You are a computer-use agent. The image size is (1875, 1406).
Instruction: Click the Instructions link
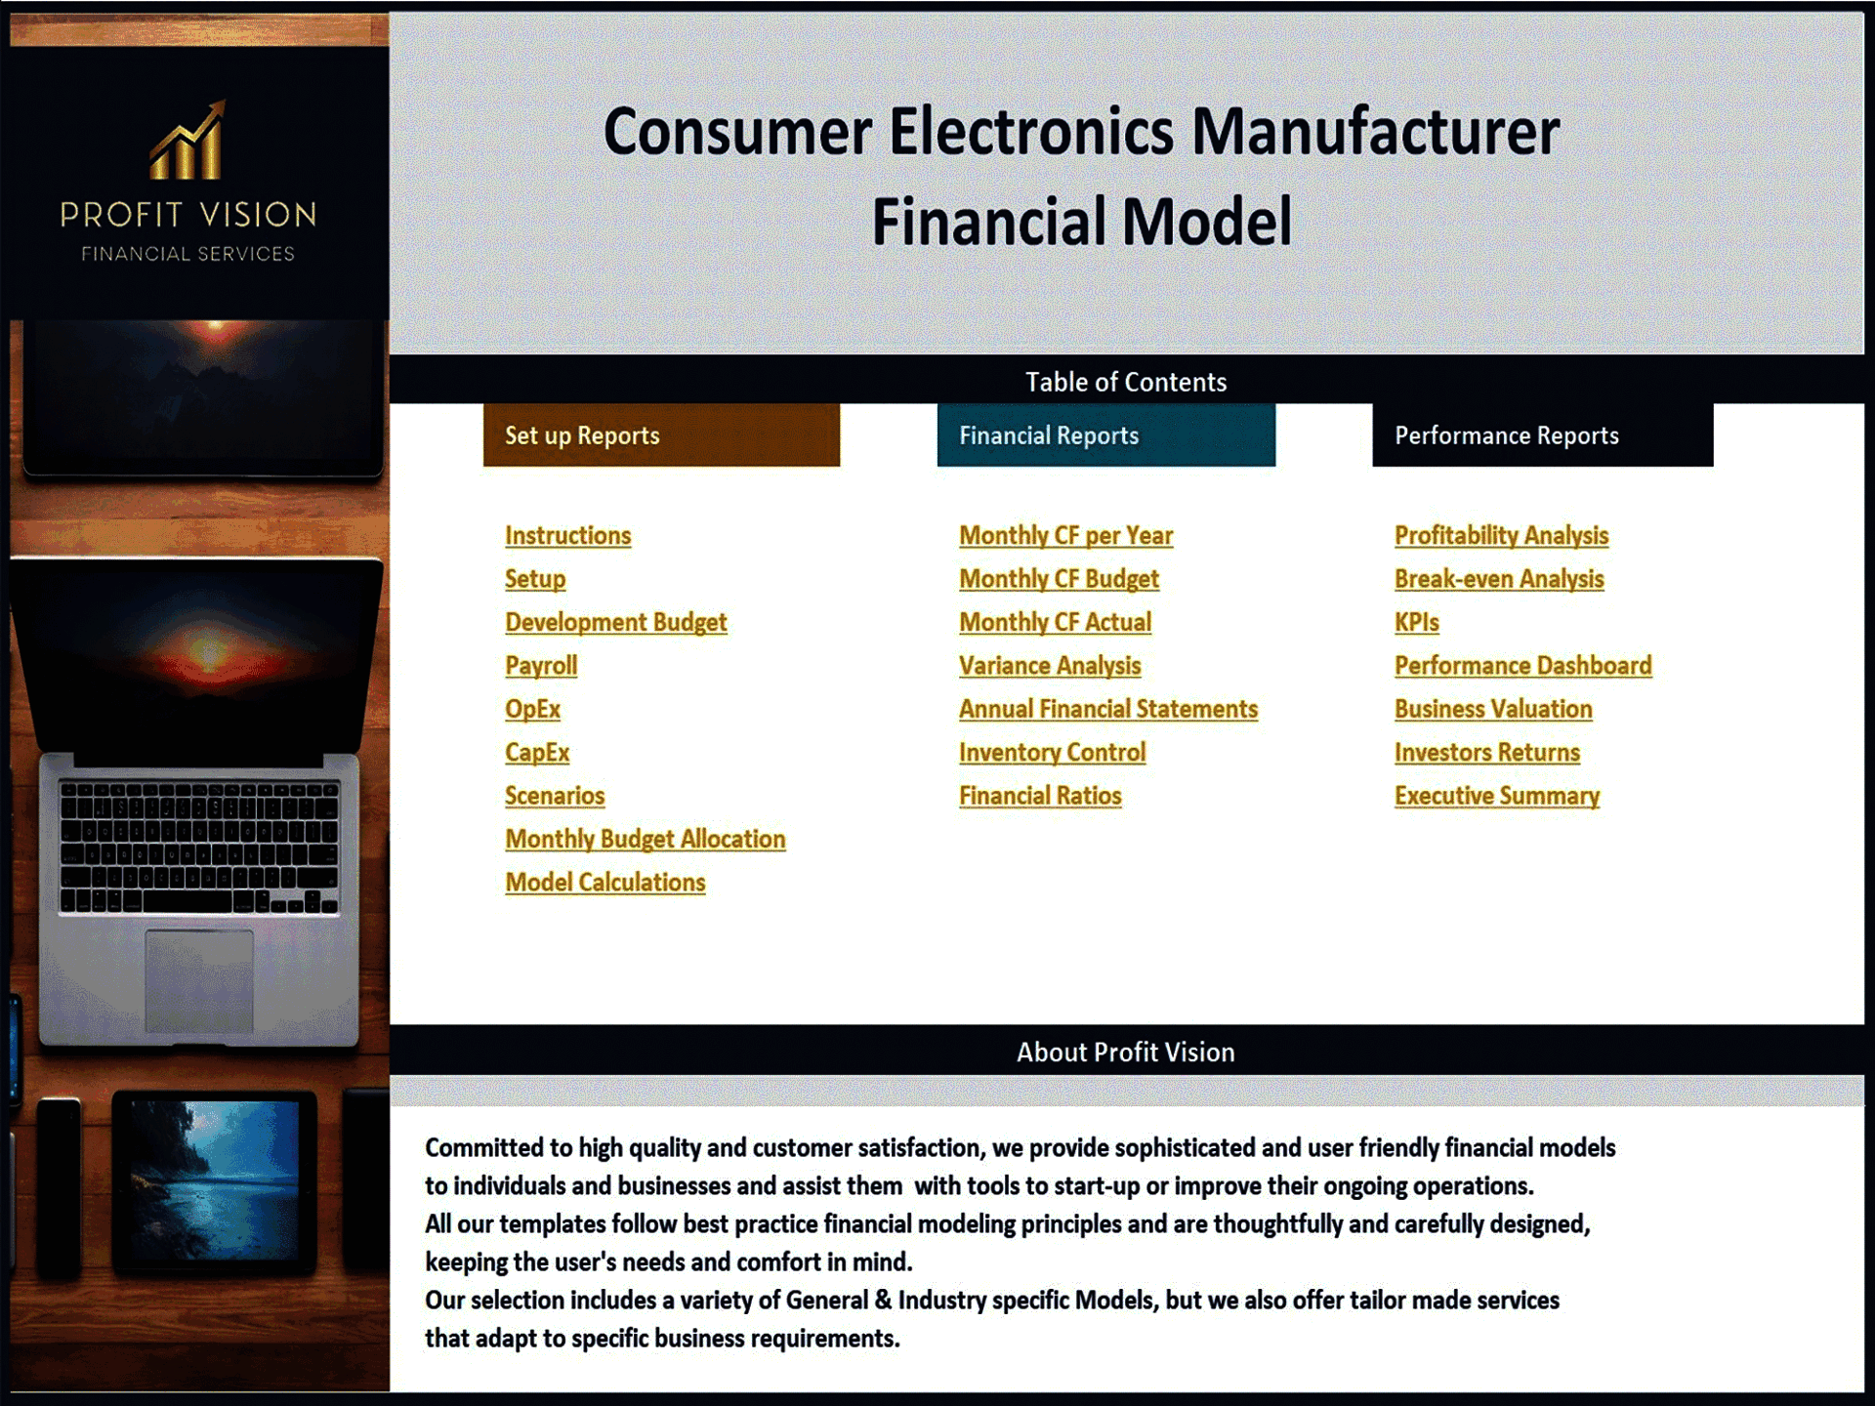pyautogui.click(x=567, y=536)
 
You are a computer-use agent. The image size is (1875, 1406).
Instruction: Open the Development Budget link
pyautogui.click(x=615, y=623)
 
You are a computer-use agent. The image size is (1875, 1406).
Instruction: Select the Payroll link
pyautogui.click(x=541, y=666)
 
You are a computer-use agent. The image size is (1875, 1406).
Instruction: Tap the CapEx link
pyautogui.click(x=537, y=753)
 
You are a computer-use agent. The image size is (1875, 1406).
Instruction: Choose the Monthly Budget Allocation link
pyautogui.click(x=645, y=840)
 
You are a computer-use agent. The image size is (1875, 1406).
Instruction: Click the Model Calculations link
pyautogui.click(x=604, y=883)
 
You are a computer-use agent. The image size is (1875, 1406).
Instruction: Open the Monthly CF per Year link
pyautogui.click(x=1065, y=536)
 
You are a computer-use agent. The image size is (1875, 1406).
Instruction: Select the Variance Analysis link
pyautogui.click(x=1050, y=666)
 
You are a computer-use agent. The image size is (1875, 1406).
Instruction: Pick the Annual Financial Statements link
pyautogui.click(x=1107, y=710)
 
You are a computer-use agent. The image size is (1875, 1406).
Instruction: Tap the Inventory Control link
pyautogui.click(x=1052, y=753)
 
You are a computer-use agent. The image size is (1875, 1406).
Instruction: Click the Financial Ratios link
pyautogui.click(x=1040, y=797)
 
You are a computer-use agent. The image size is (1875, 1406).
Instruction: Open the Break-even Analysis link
pyautogui.click(x=1499, y=579)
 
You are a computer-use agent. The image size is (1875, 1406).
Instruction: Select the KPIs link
pyautogui.click(x=1416, y=623)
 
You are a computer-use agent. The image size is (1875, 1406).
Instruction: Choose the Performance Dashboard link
pyautogui.click(x=1522, y=666)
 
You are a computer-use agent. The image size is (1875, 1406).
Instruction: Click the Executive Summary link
pyautogui.click(x=1496, y=797)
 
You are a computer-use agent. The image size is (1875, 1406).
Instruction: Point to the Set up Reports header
pyautogui.click(x=661, y=435)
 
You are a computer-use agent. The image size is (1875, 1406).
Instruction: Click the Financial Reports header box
pyautogui.click(x=1105, y=435)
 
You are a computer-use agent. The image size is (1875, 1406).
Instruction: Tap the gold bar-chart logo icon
pyautogui.click(x=187, y=142)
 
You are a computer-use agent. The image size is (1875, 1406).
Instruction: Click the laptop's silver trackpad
pyautogui.click(x=199, y=980)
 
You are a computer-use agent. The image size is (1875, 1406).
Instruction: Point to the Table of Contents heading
pyautogui.click(x=1125, y=382)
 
